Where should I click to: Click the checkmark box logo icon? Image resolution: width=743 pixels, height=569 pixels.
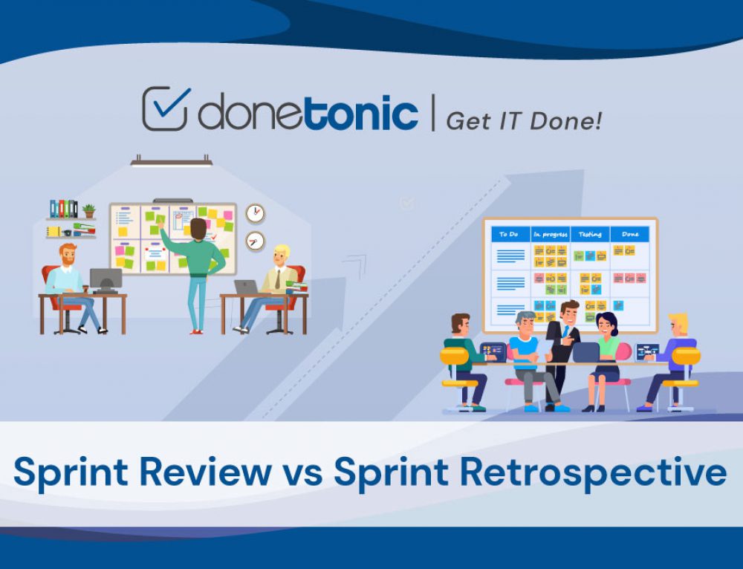(165, 108)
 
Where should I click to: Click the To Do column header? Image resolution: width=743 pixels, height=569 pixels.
(509, 234)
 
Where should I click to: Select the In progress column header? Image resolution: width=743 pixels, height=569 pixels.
(550, 234)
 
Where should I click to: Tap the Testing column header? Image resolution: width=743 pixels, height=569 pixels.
(590, 234)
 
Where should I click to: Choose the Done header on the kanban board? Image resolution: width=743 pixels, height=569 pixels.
(630, 234)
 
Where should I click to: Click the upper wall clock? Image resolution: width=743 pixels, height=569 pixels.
(255, 213)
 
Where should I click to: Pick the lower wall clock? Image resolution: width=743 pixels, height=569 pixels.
(255, 241)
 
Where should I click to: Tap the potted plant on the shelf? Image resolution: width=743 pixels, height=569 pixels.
(89, 210)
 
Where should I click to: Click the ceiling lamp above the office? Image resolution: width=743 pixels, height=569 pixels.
(172, 160)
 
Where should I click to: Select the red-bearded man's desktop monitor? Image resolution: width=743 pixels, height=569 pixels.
(106, 279)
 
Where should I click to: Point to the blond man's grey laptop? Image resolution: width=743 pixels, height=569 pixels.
(246, 287)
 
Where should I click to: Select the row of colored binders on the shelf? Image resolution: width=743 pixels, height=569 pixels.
(63, 209)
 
